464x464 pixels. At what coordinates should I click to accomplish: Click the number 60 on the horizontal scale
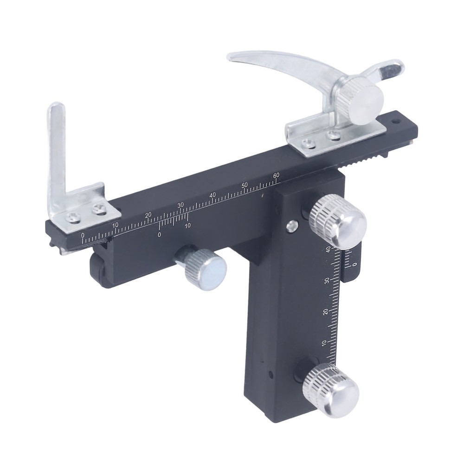(276, 175)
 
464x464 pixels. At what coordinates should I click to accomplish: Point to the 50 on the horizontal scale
(245, 186)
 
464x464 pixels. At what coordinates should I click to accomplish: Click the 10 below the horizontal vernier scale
(187, 226)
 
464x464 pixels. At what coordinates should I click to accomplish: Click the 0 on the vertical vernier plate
(354, 264)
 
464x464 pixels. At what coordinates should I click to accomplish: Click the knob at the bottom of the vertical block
(331, 390)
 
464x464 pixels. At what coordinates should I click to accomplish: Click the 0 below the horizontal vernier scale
(159, 235)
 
